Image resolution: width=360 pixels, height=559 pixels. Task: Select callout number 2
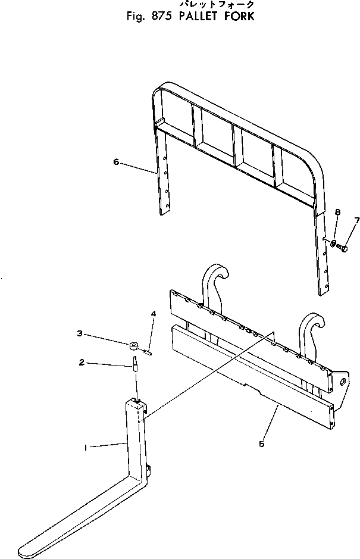click(x=82, y=362)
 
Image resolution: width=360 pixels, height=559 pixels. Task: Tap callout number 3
click(x=80, y=334)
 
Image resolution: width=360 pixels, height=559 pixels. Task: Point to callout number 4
click(x=154, y=314)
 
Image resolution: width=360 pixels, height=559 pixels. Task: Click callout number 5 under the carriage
click(x=262, y=444)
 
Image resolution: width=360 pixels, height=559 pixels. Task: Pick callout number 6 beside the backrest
click(x=116, y=162)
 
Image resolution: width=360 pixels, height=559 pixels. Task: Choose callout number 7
click(x=356, y=221)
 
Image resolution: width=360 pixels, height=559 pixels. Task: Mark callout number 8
click(x=337, y=213)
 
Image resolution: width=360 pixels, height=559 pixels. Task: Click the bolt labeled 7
click(x=343, y=246)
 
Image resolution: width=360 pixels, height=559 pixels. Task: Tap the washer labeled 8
click(x=333, y=244)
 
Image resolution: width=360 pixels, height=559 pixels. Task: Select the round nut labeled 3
click(x=134, y=345)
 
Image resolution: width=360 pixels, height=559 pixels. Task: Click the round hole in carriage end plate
click(x=343, y=382)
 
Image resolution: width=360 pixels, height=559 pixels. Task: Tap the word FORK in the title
click(x=239, y=17)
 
